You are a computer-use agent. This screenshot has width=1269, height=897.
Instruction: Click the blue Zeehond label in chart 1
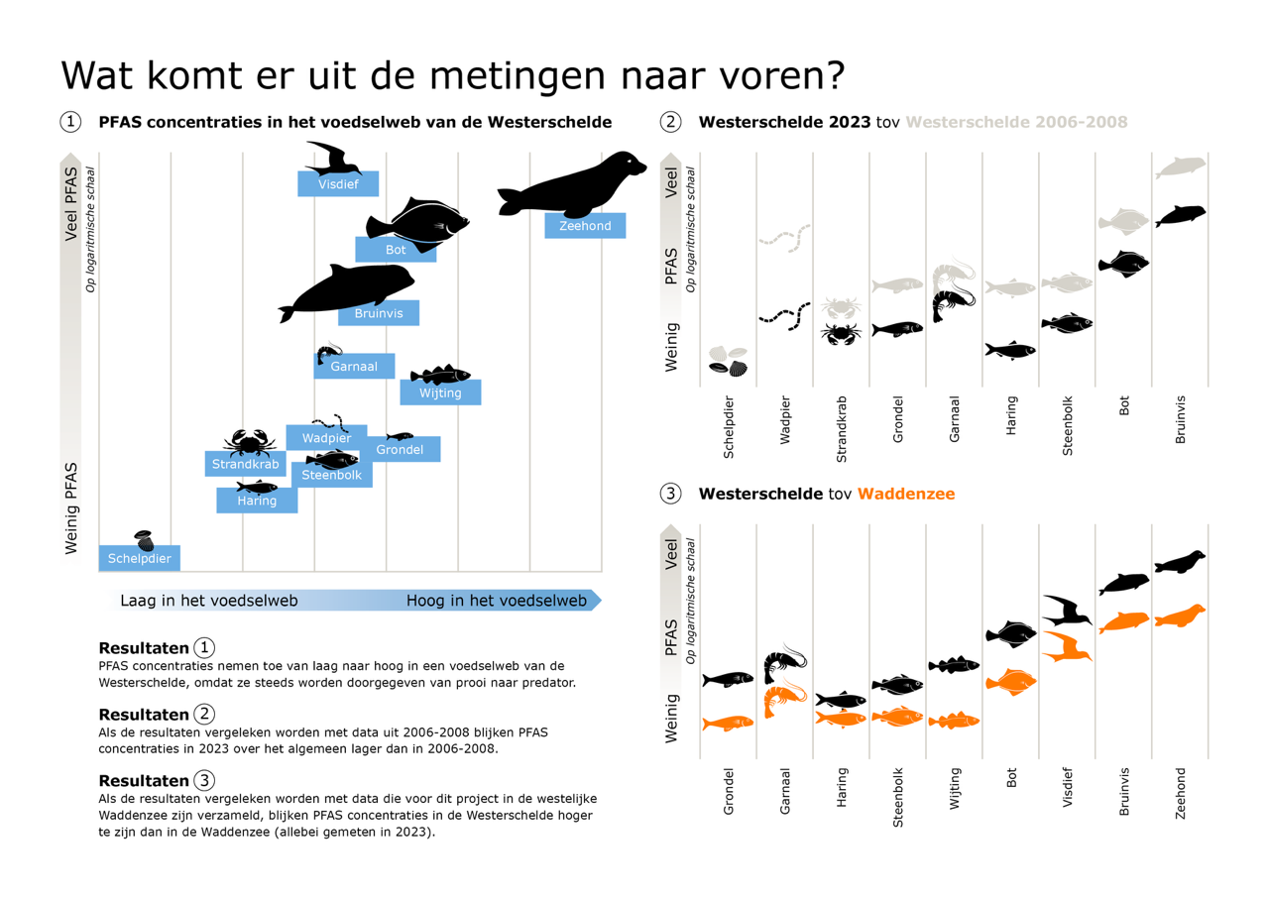click(x=585, y=225)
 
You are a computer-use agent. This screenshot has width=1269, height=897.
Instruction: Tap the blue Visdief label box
click(x=338, y=184)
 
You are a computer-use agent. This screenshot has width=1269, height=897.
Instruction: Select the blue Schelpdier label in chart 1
click(x=140, y=558)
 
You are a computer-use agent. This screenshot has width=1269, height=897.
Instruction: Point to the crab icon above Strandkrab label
click(x=249, y=442)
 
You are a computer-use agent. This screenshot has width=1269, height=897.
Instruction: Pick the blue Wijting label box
click(x=441, y=392)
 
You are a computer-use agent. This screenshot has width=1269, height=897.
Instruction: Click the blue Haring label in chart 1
click(x=257, y=501)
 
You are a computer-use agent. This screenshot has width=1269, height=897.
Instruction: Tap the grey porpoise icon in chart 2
click(x=1181, y=168)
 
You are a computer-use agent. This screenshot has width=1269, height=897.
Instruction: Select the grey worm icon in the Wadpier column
click(x=784, y=238)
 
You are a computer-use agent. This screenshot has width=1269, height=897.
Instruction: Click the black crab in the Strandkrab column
click(x=842, y=334)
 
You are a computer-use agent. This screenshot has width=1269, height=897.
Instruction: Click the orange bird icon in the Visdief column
click(x=1067, y=646)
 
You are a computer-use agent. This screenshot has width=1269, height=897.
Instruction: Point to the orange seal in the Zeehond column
click(x=1181, y=616)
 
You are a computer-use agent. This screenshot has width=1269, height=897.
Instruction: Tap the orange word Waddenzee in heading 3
click(x=906, y=494)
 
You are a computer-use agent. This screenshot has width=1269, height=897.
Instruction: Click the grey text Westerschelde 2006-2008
click(x=1017, y=122)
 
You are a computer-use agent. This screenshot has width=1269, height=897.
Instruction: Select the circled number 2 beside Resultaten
click(x=204, y=714)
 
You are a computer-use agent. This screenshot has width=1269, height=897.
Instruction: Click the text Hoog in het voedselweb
click(x=497, y=601)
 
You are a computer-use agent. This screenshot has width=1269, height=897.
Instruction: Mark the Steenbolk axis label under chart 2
click(x=1068, y=426)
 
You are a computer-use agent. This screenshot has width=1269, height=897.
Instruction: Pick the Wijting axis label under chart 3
click(x=955, y=789)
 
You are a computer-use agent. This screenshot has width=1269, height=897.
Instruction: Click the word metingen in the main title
click(x=518, y=76)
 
